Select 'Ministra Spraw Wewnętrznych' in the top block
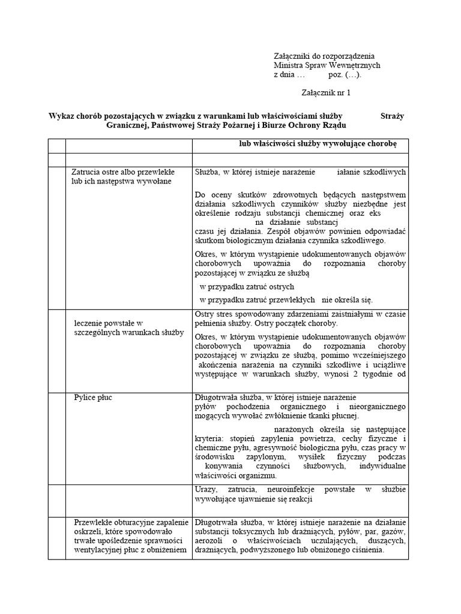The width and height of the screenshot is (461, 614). click(327, 65)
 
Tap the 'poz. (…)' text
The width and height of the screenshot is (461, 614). click(345, 75)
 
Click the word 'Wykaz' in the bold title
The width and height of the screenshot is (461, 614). click(61, 116)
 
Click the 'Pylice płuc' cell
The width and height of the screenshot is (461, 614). click(93, 397)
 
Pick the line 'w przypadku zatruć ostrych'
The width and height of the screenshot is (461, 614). click(238, 287)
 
